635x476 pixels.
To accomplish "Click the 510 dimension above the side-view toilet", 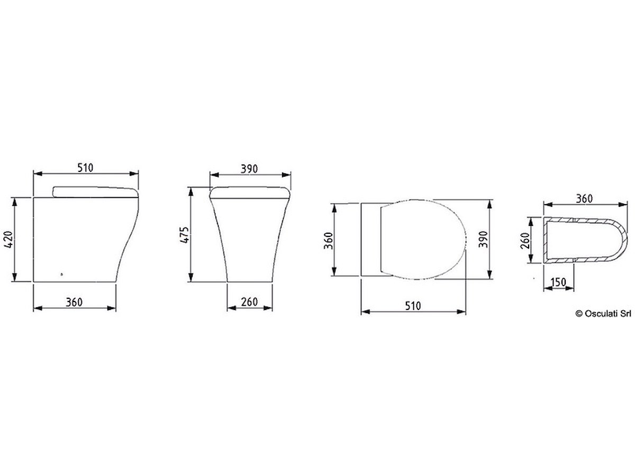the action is tap(85, 168).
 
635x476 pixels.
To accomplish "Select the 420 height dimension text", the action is tap(9, 240).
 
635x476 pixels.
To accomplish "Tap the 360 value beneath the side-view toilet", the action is tap(74, 303).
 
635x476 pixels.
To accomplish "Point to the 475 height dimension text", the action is tap(184, 235).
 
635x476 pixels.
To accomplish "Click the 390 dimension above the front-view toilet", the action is tap(249, 169).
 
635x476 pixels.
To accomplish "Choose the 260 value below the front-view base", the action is tap(249, 302).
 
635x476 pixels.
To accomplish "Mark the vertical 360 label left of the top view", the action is tap(329, 241).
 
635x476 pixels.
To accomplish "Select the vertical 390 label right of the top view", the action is tap(483, 239).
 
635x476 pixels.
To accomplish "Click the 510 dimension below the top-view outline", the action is tap(413, 306).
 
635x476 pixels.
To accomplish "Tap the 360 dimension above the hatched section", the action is tap(584, 199).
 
